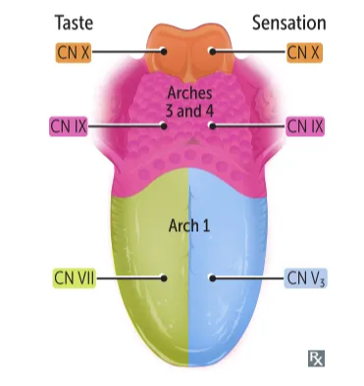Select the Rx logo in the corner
pos(315,358)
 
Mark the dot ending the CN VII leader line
pos(164,277)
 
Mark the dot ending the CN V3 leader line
pos(211,277)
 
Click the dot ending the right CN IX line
pos(211,125)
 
